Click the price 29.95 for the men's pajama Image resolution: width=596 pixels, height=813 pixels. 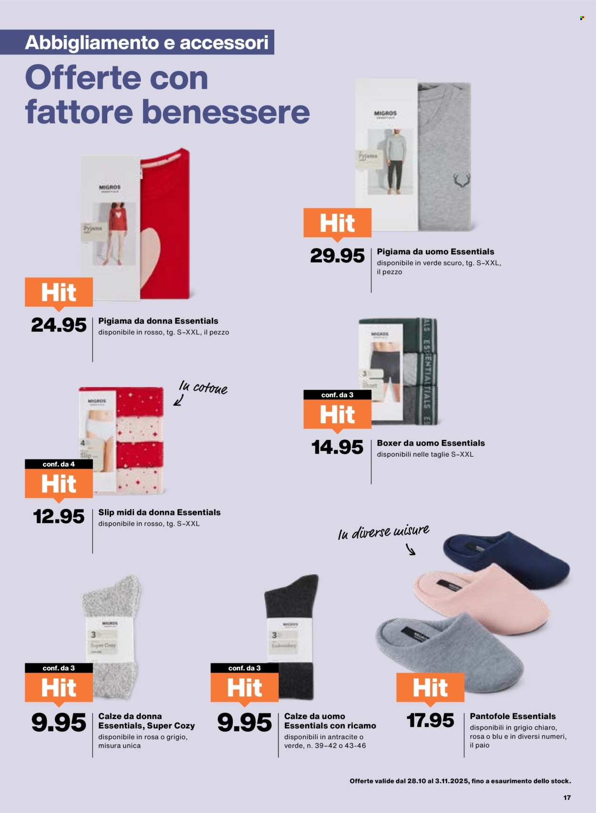tap(337, 256)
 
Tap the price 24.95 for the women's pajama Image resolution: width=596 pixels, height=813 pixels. tap(59, 325)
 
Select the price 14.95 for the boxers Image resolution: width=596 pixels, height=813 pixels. tap(337, 447)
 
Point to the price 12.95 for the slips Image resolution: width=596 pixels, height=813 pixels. tap(59, 517)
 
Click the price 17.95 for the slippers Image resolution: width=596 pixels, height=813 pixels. tap(430, 720)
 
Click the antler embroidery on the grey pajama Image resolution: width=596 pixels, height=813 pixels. tap(461, 180)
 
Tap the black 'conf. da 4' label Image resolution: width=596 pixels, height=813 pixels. tap(59, 464)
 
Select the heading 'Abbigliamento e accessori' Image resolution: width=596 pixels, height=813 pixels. tap(146, 42)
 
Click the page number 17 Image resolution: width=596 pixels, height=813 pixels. tap(567, 797)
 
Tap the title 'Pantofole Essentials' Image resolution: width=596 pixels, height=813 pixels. tap(513, 716)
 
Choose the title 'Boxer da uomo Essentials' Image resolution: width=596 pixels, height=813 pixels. tap(431, 443)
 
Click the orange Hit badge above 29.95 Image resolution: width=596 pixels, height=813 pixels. tap(337, 223)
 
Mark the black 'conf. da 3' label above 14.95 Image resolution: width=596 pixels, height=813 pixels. tap(337, 395)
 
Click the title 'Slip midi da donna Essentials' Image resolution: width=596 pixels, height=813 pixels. tap(159, 512)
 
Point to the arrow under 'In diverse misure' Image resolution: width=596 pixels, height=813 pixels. tap(411, 550)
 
